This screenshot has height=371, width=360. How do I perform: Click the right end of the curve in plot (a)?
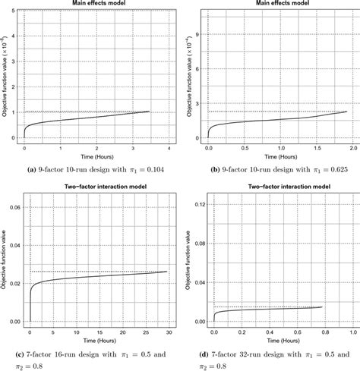click(x=149, y=112)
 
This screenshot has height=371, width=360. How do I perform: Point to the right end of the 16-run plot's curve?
click(x=167, y=272)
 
